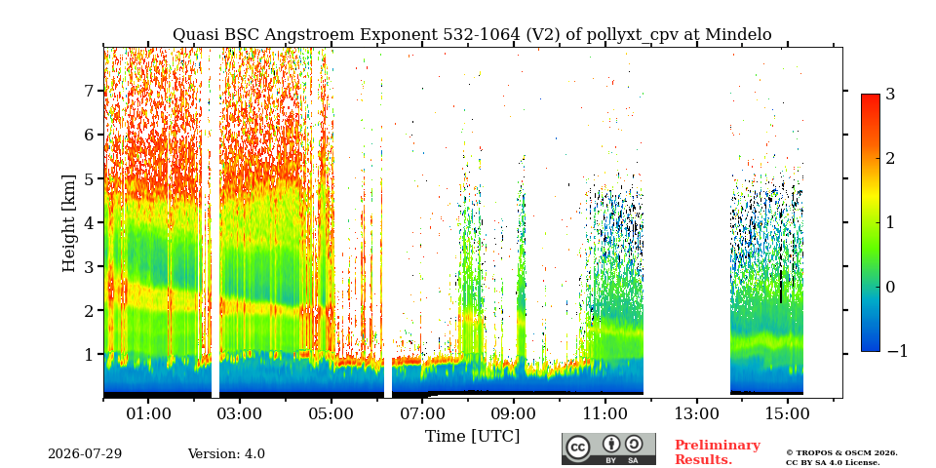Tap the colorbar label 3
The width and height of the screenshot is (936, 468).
(x=890, y=94)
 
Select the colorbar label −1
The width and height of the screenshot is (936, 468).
(x=897, y=351)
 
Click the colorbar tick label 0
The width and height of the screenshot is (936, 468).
(x=890, y=287)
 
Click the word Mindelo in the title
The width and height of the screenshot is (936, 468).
(x=738, y=35)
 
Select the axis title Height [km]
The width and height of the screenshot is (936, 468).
(x=69, y=223)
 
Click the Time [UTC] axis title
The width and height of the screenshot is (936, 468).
(x=472, y=437)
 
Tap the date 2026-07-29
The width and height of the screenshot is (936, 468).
(x=85, y=454)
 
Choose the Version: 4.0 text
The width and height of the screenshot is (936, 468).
(x=226, y=454)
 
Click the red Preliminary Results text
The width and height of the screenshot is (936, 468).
(x=717, y=452)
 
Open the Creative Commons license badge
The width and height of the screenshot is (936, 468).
(x=608, y=448)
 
